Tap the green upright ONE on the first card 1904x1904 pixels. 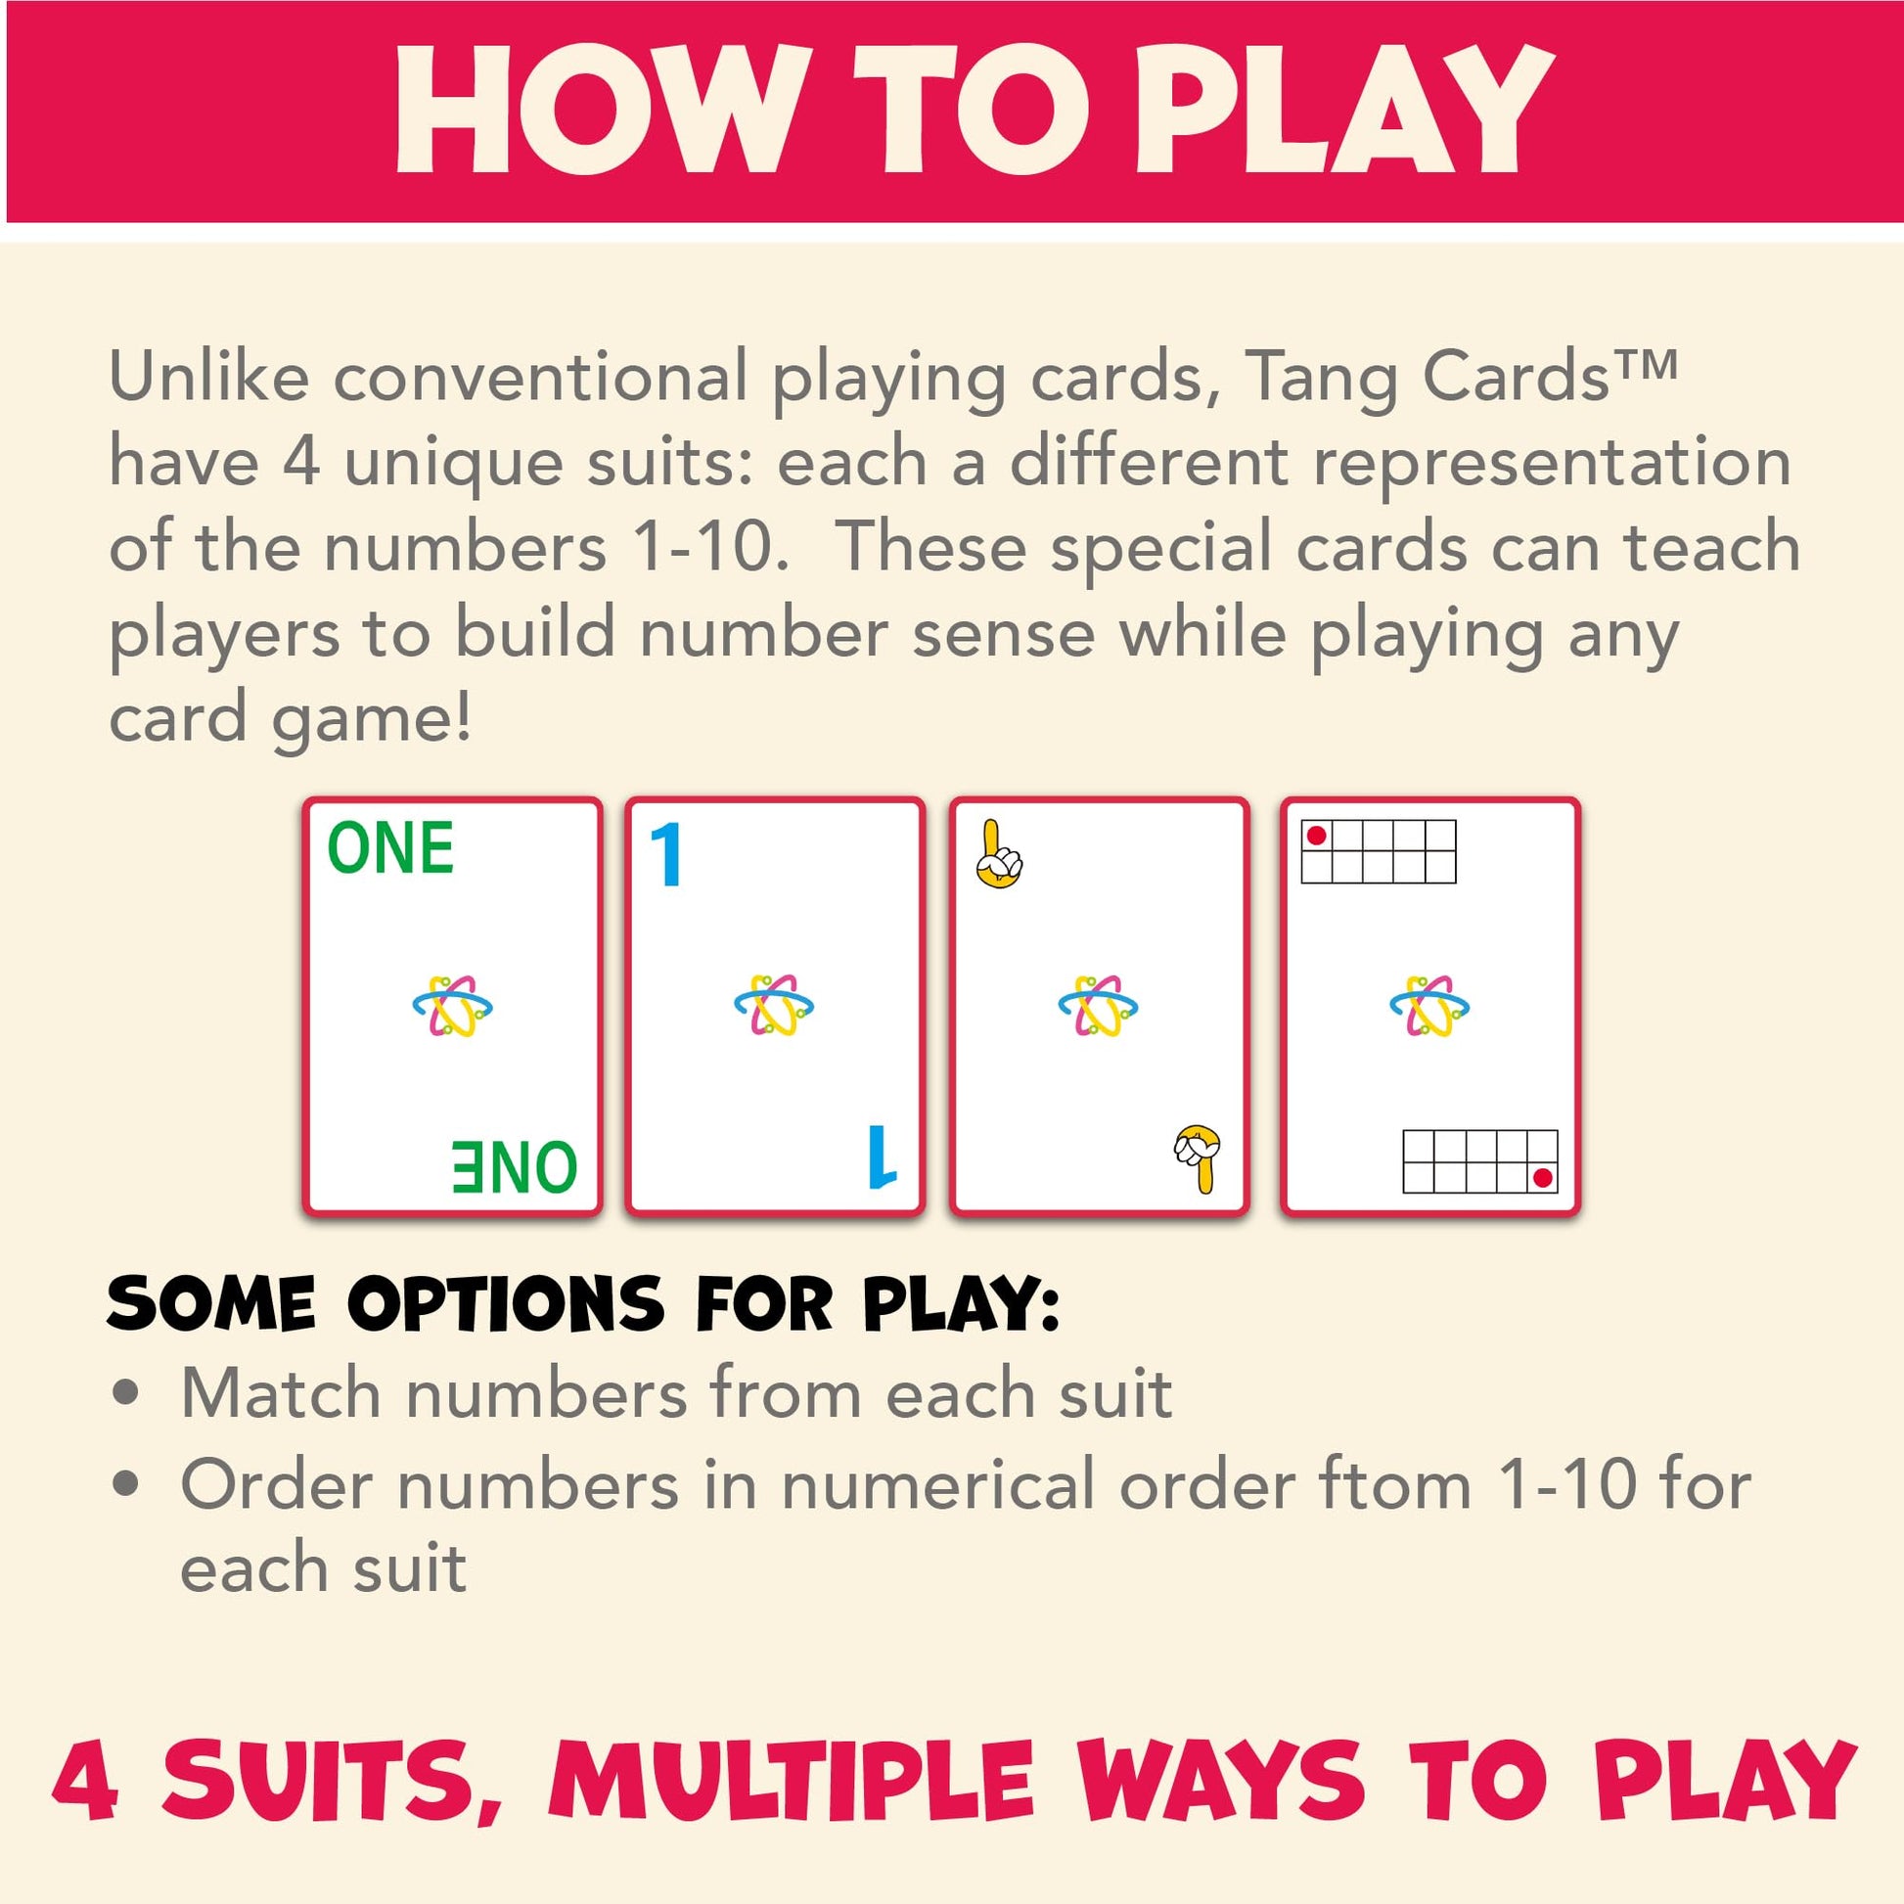(390, 847)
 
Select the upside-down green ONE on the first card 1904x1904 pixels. (515, 1167)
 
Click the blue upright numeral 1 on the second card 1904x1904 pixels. (666, 854)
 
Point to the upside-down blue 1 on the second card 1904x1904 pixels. (882, 1156)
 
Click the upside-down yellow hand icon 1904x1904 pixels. (1198, 1159)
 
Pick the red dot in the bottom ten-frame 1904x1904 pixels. (1543, 1178)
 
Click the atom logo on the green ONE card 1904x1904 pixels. (452, 1005)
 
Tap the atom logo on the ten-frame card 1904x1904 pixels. (1429, 1005)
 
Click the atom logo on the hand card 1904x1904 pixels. (1098, 1005)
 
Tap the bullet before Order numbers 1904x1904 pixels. (125, 1485)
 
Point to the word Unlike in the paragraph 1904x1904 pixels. (209, 377)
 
